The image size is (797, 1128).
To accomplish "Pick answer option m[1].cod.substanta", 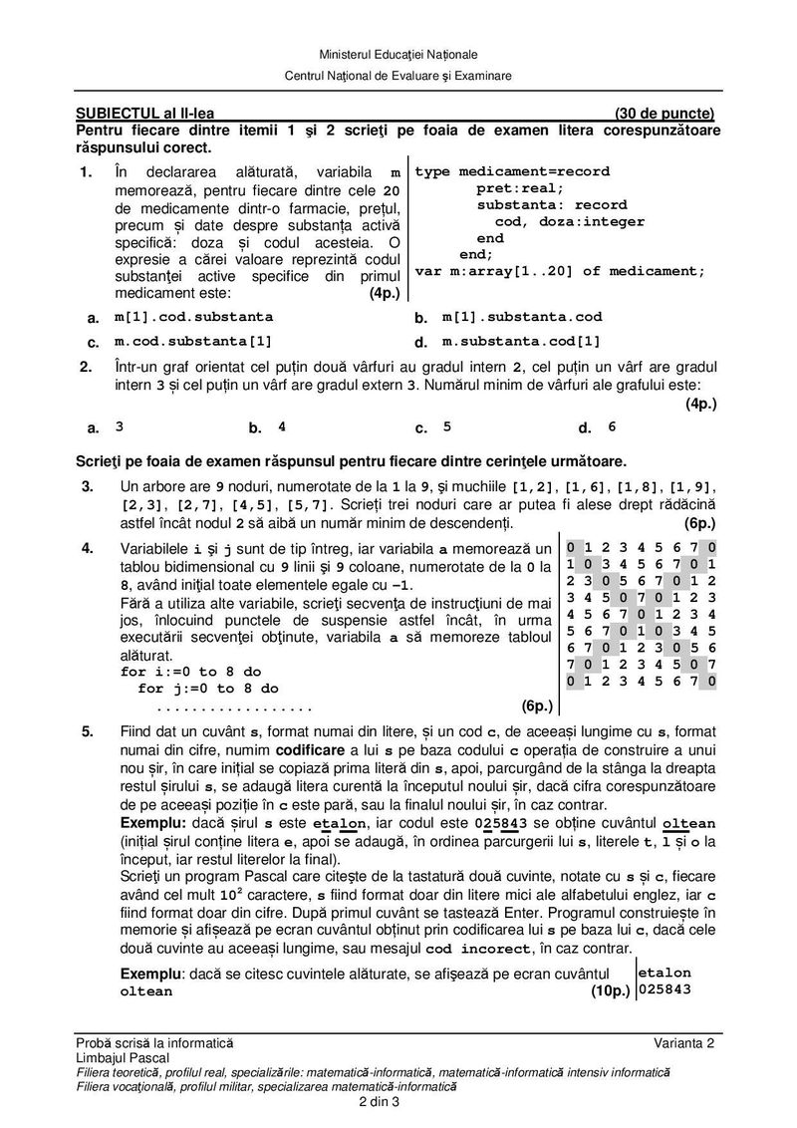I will tap(193, 317).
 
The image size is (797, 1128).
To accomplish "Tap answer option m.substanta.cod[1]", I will tap(522, 341).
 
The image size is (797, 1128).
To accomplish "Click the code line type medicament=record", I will tap(512, 171).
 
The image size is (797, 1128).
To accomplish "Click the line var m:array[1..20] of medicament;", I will tap(560, 271).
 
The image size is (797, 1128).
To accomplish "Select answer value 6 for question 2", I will tap(612, 426).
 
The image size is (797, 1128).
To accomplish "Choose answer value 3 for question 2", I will tap(120, 426).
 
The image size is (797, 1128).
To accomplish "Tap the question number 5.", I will tap(88, 731).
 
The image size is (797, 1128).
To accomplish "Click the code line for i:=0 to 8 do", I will tap(183, 673).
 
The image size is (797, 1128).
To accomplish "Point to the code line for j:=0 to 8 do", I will tap(207, 689).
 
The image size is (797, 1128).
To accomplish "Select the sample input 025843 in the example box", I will tap(664, 989).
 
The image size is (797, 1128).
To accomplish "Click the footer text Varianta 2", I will tap(685, 1042).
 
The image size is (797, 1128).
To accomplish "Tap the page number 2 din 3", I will tap(379, 1101).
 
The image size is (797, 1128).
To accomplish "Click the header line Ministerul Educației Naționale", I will tap(398, 53).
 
